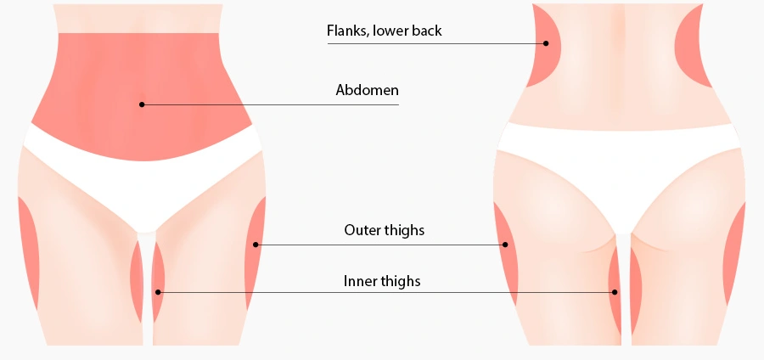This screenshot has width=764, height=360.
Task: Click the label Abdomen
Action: click(367, 90)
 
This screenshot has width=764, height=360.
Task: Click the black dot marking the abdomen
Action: click(142, 104)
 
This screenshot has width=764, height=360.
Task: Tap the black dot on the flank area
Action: click(546, 43)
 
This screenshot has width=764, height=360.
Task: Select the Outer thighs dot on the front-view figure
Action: click(256, 245)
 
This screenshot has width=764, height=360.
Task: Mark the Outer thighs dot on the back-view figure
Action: click(505, 245)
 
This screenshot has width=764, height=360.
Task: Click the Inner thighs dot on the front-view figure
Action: click(158, 292)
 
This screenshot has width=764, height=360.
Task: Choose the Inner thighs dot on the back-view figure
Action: click(615, 292)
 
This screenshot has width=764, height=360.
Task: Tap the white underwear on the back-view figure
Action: click(619, 156)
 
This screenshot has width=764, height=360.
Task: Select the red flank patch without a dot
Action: click(692, 47)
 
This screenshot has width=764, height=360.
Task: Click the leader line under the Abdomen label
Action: click(271, 104)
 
